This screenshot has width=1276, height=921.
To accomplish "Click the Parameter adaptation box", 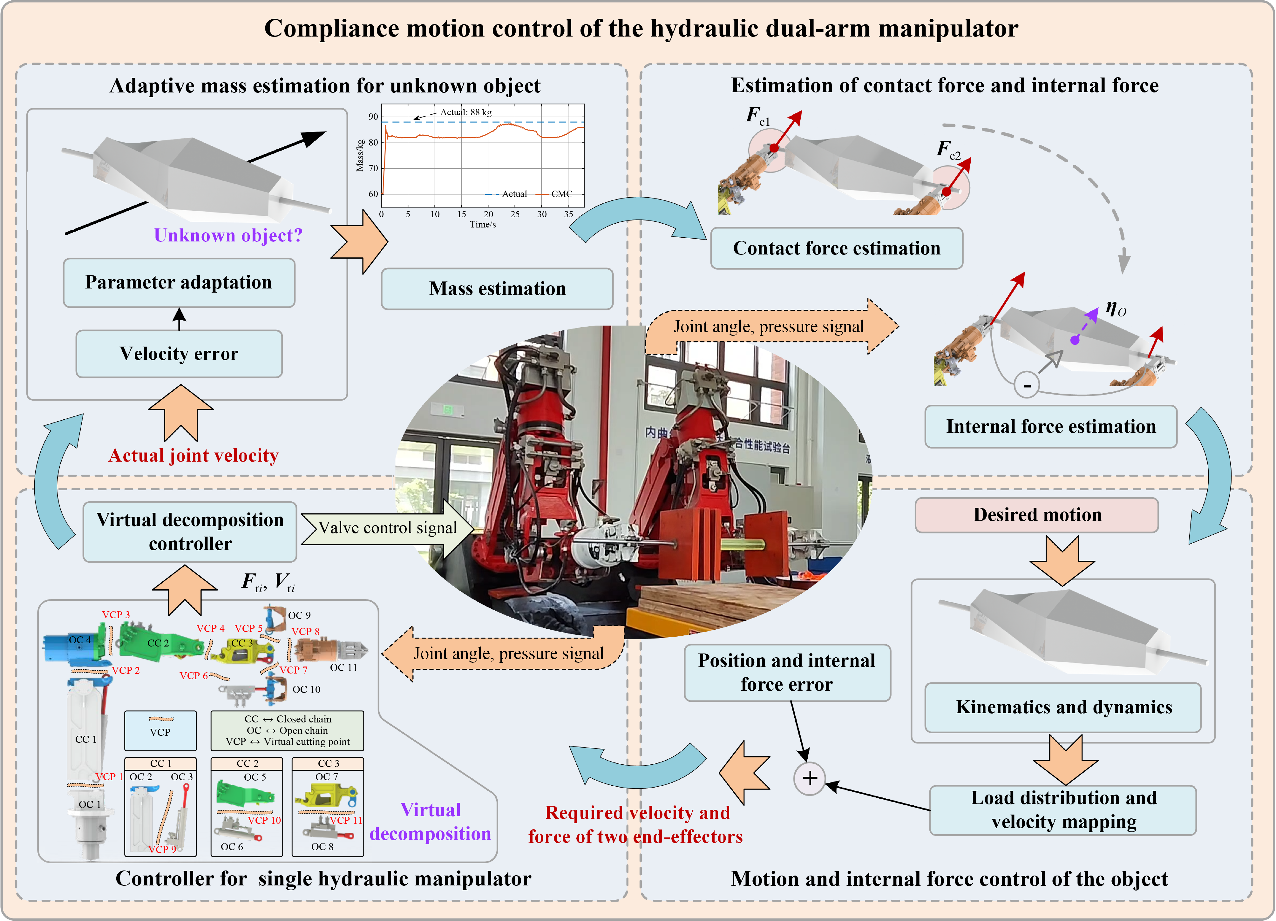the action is (x=179, y=282).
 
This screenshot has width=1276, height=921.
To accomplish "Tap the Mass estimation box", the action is (x=497, y=288).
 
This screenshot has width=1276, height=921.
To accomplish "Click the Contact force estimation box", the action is (x=837, y=248).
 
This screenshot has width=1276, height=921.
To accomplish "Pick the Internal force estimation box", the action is (x=1051, y=426).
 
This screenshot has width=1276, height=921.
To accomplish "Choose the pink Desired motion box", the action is (x=1037, y=515).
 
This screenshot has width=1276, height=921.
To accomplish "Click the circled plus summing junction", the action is (x=810, y=778).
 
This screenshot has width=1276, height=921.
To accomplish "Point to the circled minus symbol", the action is (x=1027, y=386).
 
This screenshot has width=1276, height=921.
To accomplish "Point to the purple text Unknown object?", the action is (x=228, y=235).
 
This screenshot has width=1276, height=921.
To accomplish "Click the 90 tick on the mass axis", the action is (x=373, y=117).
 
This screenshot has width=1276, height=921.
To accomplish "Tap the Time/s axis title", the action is (x=483, y=225).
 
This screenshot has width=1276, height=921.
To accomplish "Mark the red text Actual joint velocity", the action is (x=193, y=455).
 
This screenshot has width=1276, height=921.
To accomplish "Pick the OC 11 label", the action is (x=343, y=668).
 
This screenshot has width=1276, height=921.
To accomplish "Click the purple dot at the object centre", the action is (x=1075, y=340).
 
